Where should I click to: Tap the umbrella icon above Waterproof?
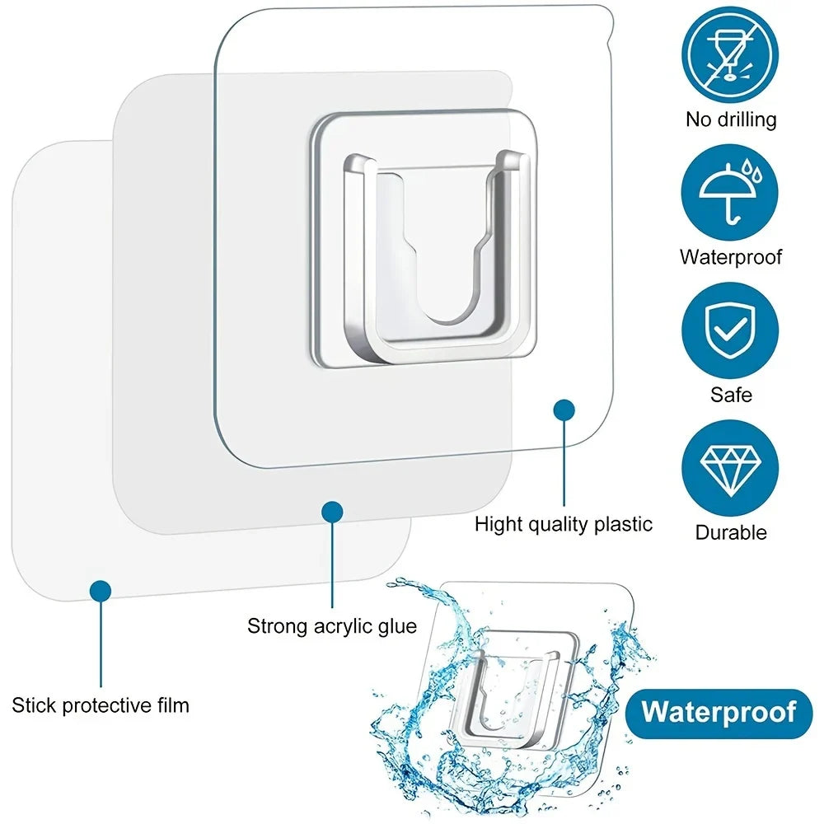point(730,191)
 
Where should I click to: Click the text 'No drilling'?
point(731,119)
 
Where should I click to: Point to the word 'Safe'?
point(731,396)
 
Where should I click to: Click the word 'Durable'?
point(731,532)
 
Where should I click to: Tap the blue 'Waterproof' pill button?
point(719,712)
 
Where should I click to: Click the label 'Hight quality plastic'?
point(563,524)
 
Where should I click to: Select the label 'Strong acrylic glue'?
point(332,625)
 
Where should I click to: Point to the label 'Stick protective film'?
point(101,705)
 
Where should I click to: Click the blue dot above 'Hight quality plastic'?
point(564,410)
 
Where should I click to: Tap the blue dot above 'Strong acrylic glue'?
point(332,512)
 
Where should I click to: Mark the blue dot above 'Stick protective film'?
point(100,589)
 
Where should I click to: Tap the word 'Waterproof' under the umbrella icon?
point(731,256)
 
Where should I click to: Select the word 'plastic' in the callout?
point(621,524)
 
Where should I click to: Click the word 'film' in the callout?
point(173,705)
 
